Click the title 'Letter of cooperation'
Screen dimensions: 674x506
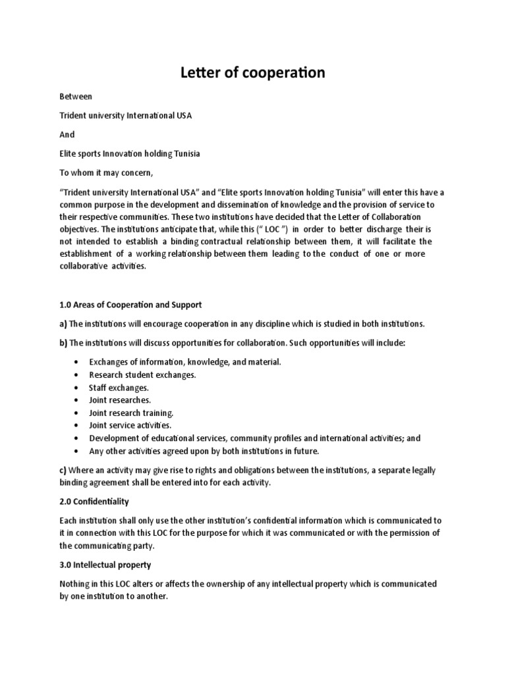253,72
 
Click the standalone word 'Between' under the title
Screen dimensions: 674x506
76,96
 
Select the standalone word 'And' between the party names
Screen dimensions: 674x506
67,134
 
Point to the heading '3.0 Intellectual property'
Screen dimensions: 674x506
105,565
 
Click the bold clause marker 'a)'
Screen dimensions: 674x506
63,324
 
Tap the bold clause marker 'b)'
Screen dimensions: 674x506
63,343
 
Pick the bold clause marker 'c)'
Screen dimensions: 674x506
63,470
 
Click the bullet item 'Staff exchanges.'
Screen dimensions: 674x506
119,388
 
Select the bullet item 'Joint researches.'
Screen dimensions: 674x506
120,400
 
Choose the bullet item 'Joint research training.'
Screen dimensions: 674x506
131,413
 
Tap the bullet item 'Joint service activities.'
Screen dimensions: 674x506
130,425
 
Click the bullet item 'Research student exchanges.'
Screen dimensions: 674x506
142,375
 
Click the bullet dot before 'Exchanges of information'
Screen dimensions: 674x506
78,363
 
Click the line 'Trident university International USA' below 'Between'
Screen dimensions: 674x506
126,115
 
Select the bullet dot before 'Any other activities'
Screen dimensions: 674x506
78,452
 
